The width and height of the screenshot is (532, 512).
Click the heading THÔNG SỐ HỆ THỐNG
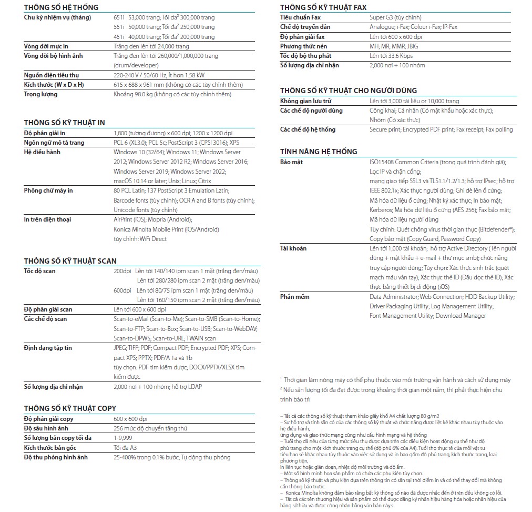[61, 7]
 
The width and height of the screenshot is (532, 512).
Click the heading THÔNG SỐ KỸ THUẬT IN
[65, 123]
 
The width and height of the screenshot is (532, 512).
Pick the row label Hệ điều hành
[43, 152]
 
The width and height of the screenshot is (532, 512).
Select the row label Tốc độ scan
[40, 271]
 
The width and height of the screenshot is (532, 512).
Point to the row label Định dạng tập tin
[48, 348]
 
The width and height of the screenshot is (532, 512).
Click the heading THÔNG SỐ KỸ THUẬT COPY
[70, 408]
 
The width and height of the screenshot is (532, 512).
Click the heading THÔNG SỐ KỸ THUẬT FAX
[323, 7]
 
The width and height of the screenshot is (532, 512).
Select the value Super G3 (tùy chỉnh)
[395, 17]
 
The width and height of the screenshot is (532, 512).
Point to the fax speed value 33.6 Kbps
[399, 55]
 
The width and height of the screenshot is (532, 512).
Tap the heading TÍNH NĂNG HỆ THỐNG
[319, 152]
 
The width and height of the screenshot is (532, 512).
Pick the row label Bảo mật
[292, 162]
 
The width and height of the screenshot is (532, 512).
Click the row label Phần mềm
[295, 297]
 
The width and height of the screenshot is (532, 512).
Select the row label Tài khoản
[293, 248]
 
